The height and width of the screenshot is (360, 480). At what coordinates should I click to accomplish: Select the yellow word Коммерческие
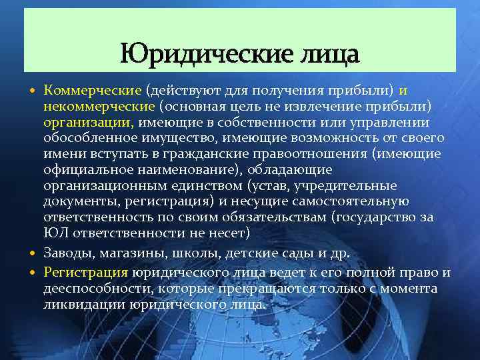(92, 90)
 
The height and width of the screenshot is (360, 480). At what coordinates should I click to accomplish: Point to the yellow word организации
(88, 122)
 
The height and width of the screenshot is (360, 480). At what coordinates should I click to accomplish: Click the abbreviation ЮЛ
(55, 233)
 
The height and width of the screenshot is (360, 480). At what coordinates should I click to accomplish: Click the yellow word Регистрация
(85, 272)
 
